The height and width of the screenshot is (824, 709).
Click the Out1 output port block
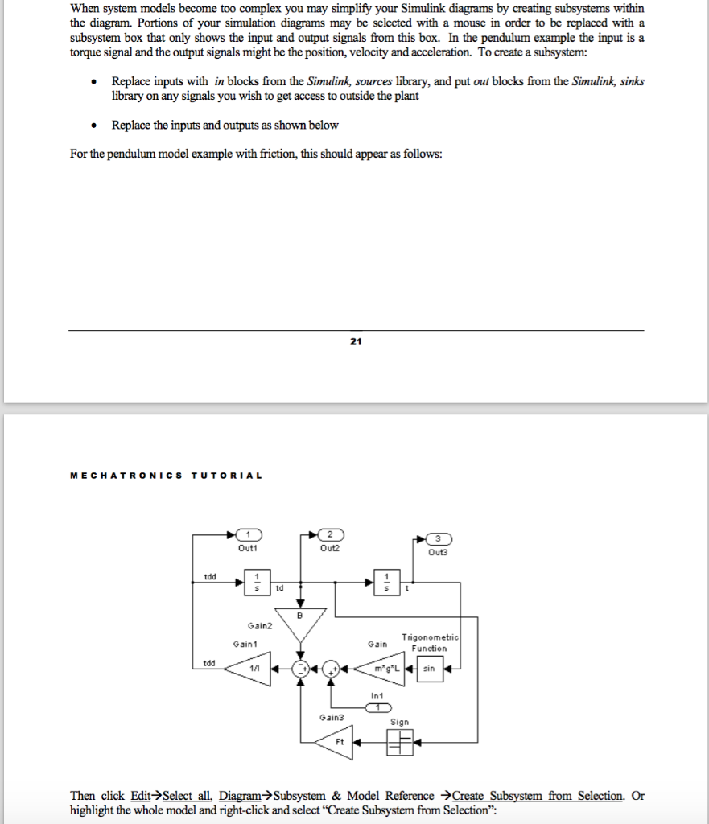(x=249, y=535)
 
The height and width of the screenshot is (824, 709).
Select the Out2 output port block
(x=331, y=535)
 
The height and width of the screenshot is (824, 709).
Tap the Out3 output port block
(x=439, y=539)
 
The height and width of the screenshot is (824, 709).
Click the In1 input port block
(x=378, y=708)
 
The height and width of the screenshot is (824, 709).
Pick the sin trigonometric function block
(x=430, y=669)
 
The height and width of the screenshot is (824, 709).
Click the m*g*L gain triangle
(x=381, y=669)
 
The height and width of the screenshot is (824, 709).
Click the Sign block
(x=400, y=743)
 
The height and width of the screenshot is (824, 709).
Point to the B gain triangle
(x=300, y=623)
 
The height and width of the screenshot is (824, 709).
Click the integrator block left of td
(x=258, y=583)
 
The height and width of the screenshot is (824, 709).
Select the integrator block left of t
(x=387, y=583)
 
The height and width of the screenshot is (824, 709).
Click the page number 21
(x=356, y=341)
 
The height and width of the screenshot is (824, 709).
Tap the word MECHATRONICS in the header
(x=126, y=476)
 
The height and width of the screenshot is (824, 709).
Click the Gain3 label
(x=331, y=718)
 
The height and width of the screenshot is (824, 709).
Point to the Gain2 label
(x=260, y=626)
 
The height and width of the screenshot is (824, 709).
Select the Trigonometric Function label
(x=430, y=643)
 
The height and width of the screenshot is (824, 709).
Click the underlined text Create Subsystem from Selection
(x=538, y=796)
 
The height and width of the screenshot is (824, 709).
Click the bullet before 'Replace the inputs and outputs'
(x=93, y=126)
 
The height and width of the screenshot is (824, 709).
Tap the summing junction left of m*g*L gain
(x=331, y=669)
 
